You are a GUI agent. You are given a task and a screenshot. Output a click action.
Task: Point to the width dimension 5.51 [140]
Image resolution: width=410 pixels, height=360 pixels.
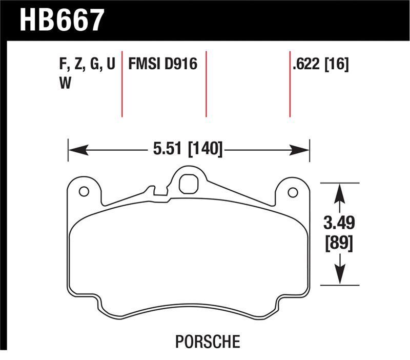coord(188,150)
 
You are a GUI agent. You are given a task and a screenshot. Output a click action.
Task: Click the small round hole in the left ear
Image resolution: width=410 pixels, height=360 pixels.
coord(84,192)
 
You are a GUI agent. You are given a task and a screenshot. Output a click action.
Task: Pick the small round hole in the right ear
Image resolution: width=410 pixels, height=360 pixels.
coord(293,192)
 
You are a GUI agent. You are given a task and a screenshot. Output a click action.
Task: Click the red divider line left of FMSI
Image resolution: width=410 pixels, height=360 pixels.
coord(122,85)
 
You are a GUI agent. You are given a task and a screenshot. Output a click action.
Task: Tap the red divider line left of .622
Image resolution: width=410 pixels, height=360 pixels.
coord(290,85)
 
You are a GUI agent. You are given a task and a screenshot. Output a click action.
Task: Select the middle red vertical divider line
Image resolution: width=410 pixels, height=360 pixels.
coord(206,85)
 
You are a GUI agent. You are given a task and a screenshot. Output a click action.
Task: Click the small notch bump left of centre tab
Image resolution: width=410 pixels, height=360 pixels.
coord(150,190)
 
